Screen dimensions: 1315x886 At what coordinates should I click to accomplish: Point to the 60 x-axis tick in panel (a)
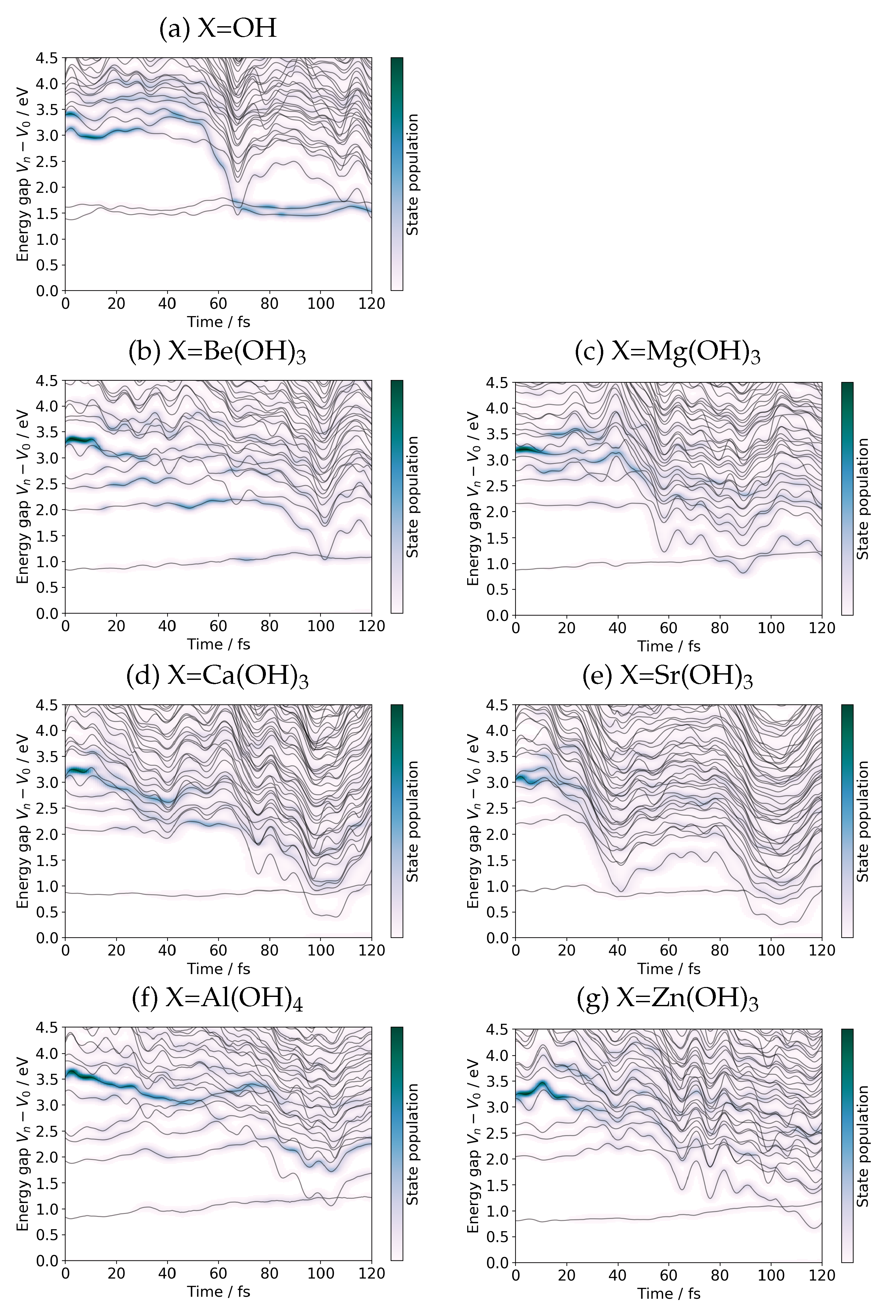pyautogui.click(x=218, y=303)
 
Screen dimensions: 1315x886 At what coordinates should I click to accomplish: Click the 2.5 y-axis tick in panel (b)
pyautogui.click(x=49, y=484)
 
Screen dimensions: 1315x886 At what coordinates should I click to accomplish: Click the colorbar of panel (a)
pyautogui.click(x=397, y=174)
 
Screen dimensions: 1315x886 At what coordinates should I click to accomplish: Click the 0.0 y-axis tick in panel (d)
pyautogui.click(x=49, y=938)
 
